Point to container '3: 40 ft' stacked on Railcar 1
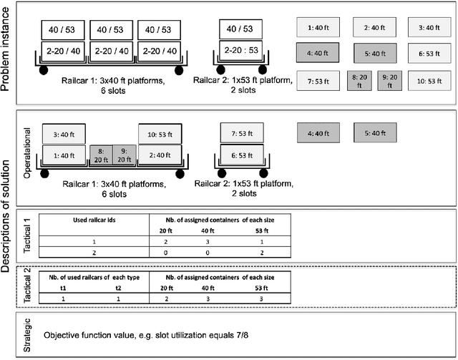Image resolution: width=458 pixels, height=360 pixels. (x=64, y=134)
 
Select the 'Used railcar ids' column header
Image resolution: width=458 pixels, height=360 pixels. (x=94, y=218)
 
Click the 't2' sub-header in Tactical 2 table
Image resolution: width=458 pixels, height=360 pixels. (x=120, y=287)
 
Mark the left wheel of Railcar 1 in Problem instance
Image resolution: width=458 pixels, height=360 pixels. (x=44, y=70)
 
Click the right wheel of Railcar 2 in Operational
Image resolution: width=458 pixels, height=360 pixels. (x=263, y=173)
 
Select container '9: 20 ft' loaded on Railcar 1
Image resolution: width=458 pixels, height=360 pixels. (x=125, y=155)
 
